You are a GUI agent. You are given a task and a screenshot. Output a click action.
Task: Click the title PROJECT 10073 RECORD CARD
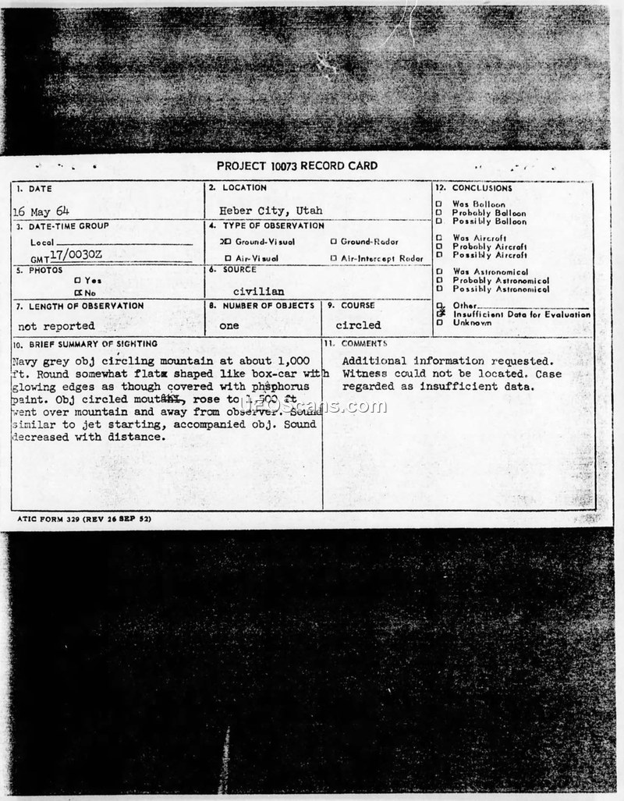coord(296,165)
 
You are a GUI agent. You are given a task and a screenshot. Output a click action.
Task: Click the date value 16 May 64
coord(41,211)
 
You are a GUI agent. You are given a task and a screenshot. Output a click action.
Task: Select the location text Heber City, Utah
coord(270,211)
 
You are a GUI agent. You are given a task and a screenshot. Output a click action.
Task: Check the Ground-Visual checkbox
coord(226,242)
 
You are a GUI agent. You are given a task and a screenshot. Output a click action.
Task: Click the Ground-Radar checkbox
coord(333,242)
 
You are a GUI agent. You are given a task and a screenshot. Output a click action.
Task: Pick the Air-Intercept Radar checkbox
coord(333,258)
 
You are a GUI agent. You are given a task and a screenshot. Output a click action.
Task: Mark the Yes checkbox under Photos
coord(77,280)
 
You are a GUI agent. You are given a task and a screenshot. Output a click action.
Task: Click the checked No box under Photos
coord(77,292)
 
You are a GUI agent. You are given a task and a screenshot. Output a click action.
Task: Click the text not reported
coord(56,326)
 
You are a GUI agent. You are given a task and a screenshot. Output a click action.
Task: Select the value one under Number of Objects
coord(229,326)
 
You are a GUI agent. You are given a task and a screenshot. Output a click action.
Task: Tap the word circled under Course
coord(358,325)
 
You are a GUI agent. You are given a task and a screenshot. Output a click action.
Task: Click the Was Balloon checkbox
coord(439,204)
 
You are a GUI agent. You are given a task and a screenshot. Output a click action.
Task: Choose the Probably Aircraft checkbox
coord(439,246)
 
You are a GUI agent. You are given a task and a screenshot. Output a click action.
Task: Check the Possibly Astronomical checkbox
coord(439,289)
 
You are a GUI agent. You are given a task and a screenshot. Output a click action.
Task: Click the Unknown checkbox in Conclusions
coord(439,322)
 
